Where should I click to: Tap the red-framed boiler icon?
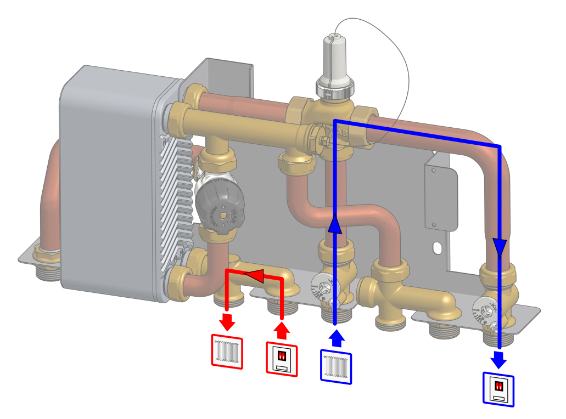coord(282,359)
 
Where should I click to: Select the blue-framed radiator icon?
coord(335,366)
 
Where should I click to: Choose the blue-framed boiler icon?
coord(498,389)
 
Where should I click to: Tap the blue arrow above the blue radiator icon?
coord(335,337)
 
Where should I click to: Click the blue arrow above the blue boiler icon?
coord(499,359)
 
